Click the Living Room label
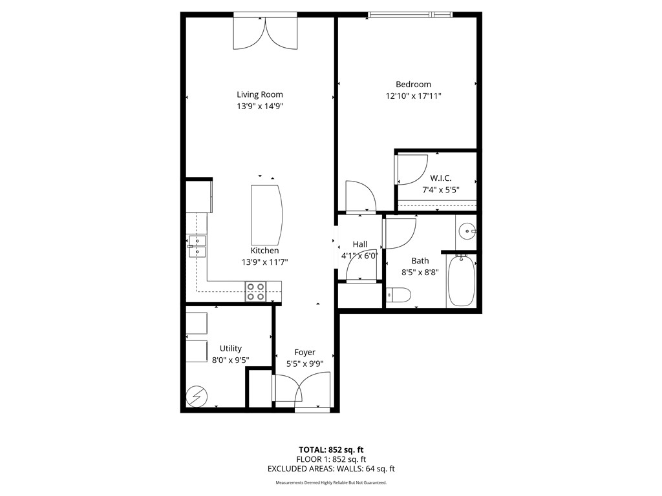click(259, 94)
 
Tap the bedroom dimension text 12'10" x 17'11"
click(413, 96)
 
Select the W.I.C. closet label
click(440, 178)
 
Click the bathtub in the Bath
click(461, 282)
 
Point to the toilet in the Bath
click(398, 295)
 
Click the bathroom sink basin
click(467, 230)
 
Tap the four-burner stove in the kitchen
click(255, 292)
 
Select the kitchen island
click(266, 212)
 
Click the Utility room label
click(230, 349)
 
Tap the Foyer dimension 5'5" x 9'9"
click(304, 364)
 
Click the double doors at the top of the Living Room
click(266, 32)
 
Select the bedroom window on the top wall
click(409, 14)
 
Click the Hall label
click(359, 244)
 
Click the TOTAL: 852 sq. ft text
click(330, 449)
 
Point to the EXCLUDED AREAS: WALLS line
click(330, 469)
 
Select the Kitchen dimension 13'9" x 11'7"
click(264, 262)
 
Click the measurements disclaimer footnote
click(330, 482)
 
